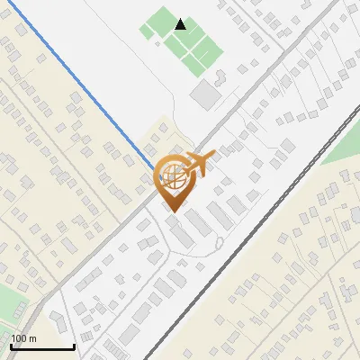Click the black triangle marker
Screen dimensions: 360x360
(x=181, y=24)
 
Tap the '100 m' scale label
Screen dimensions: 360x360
(x=23, y=337)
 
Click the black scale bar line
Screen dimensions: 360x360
(x=42, y=346)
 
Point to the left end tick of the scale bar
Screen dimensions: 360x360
(x=11, y=345)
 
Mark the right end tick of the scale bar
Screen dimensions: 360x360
(x=74, y=345)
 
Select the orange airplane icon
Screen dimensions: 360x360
(x=196, y=165)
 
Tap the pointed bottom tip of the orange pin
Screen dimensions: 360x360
(x=171, y=211)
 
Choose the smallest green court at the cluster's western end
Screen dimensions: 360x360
(x=146, y=31)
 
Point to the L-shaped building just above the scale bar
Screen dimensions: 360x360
(x=56, y=323)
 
